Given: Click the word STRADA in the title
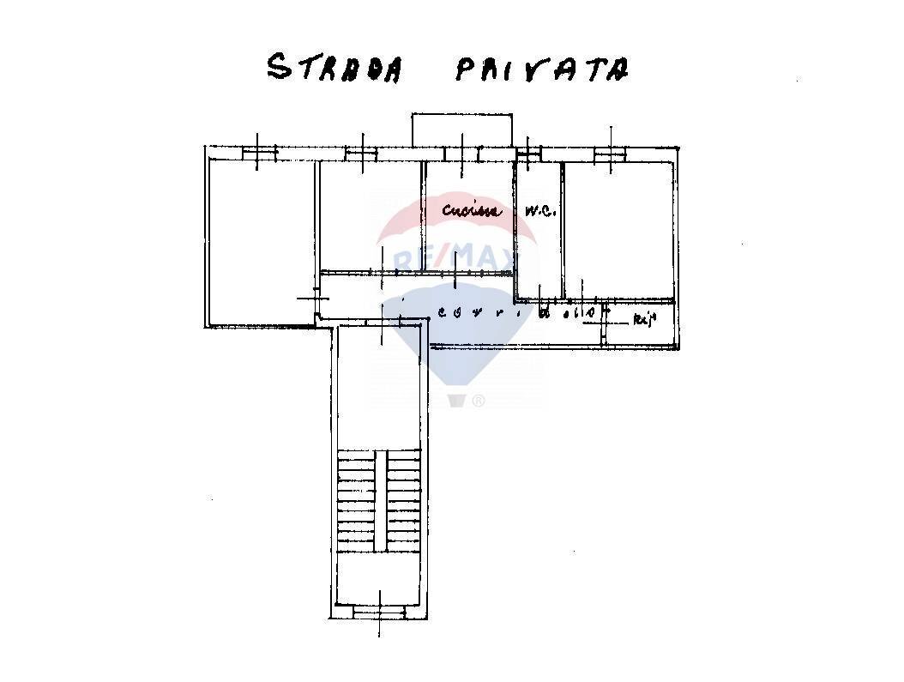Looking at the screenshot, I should (x=334, y=68).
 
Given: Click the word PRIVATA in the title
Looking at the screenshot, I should (x=540, y=69).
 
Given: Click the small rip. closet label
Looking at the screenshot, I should (x=644, y=321).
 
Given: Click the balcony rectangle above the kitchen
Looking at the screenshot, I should (x=462, y=129).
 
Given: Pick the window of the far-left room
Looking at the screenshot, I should (x=259, y=154).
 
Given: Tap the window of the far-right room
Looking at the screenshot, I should (x=611, y=154).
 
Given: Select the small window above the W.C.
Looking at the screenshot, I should (x=529, y=154).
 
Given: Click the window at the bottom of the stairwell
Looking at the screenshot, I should (x=379, y=612).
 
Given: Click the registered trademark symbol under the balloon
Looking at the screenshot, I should (x=479, y=401).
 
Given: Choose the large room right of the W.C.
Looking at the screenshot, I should (x=618, y=227).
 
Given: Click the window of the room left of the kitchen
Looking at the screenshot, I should (x=361, y=154).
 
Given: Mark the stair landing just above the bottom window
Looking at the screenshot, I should (x=379, y=579).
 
